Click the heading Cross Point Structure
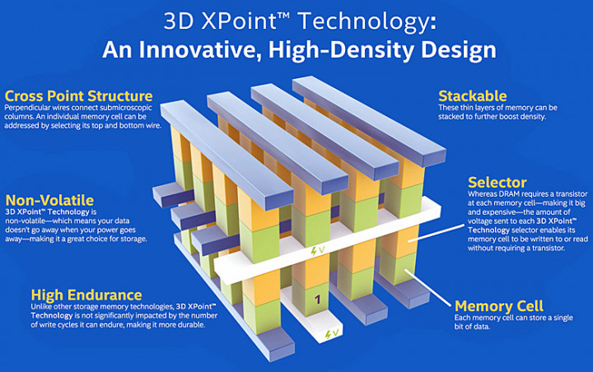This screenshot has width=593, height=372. point(79,96)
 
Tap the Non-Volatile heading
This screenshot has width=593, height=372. point(49,200)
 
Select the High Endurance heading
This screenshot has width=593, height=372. point(86,295)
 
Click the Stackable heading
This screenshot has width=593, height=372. point(473,96)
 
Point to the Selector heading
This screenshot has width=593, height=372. point(497,183)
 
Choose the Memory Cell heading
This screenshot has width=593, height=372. point(499,306)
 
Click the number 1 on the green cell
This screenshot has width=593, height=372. point(318,300)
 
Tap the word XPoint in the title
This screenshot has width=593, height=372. point(241,21)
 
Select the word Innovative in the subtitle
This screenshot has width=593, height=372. point(200,50)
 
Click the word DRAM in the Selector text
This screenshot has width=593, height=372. point(511,194)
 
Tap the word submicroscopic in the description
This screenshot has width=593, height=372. point(126,108)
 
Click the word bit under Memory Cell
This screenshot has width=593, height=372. point(459,326)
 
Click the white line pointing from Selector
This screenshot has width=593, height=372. point(436,233)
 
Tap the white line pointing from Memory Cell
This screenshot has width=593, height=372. point(427,288)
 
